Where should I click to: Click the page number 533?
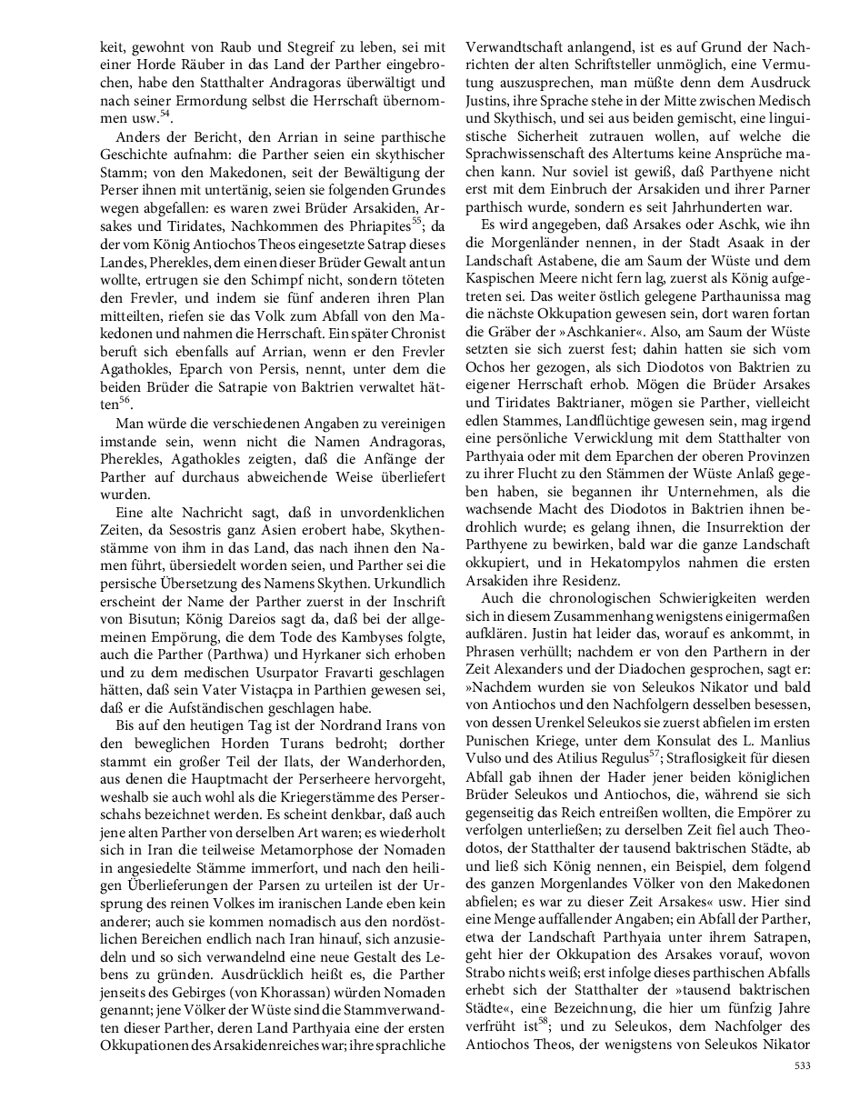click(x=802, y=1065)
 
